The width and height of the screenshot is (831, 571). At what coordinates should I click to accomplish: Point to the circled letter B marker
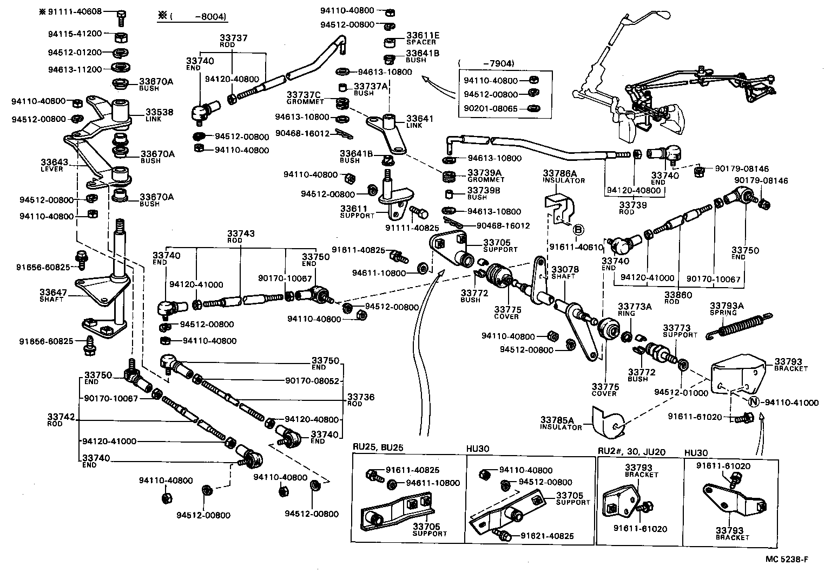coord(577,229)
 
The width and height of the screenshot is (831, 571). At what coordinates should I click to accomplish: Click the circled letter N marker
coord(753,402)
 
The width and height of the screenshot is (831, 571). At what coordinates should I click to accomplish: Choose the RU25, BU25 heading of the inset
coord(379,449)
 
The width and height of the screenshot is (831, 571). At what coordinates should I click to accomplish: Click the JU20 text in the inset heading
coord(655,452)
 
